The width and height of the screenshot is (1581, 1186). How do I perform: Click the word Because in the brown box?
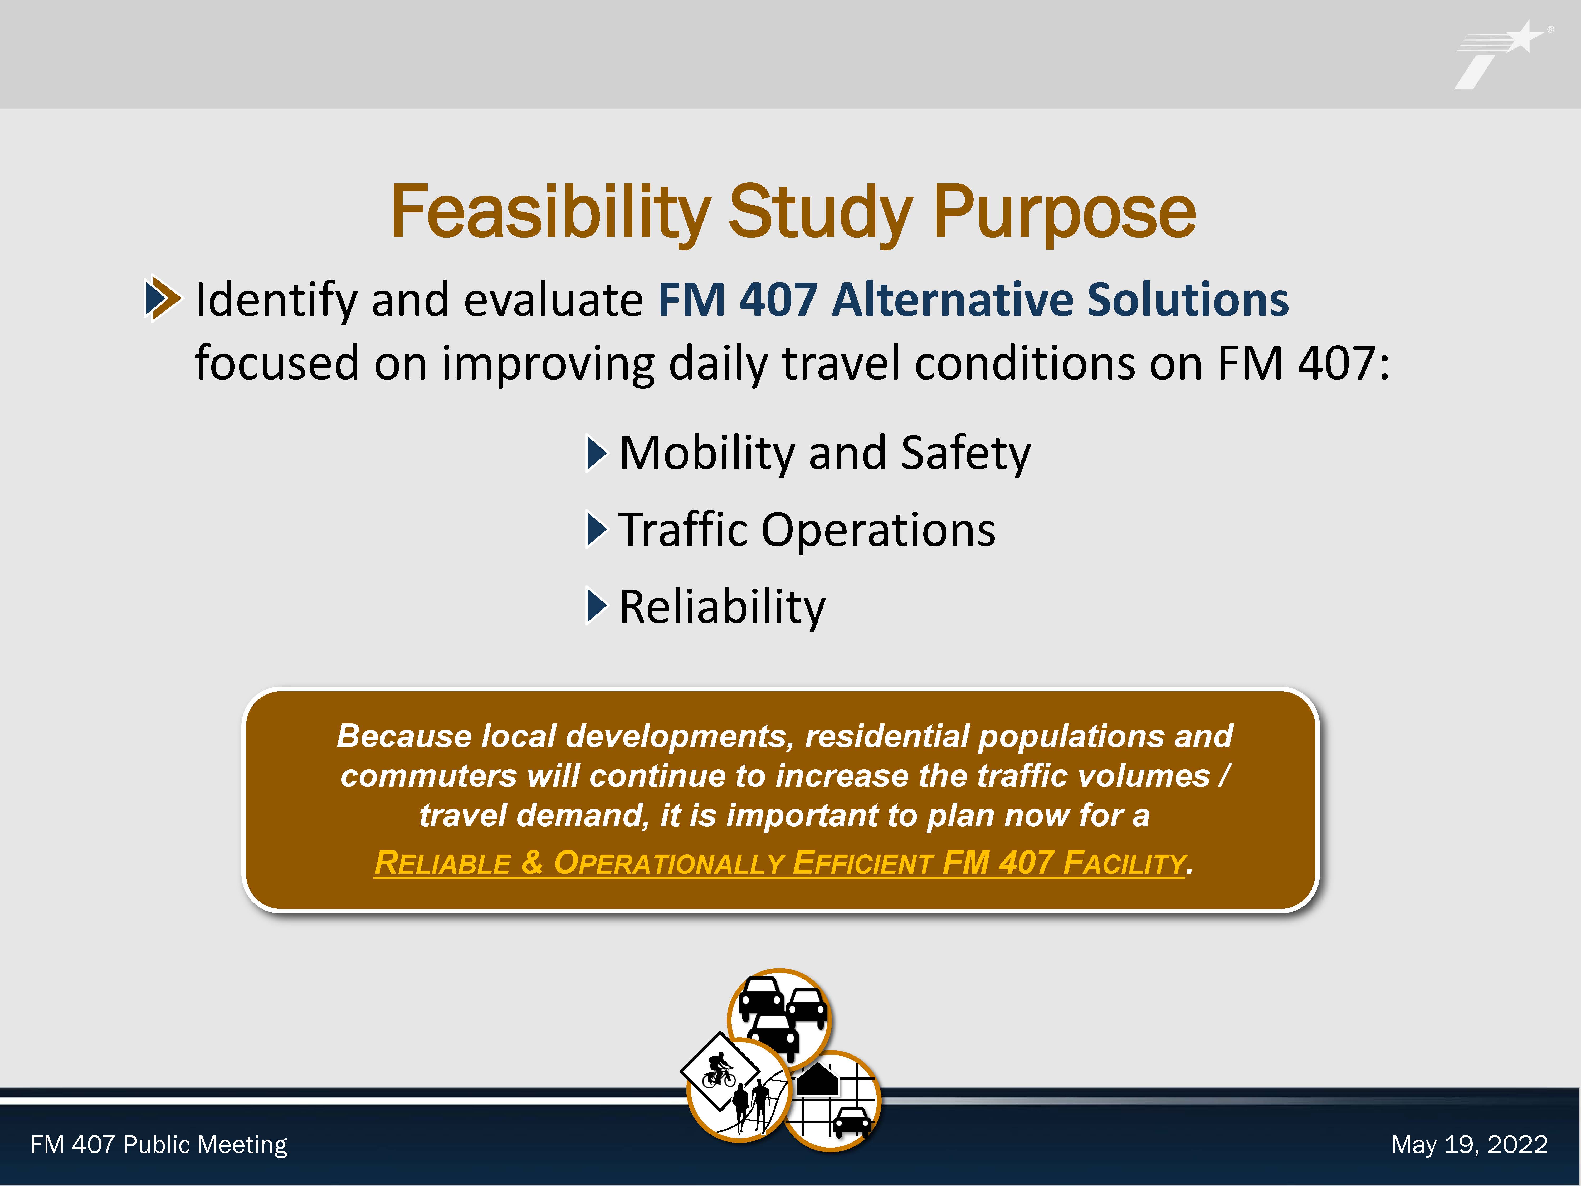pos(404,736)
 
